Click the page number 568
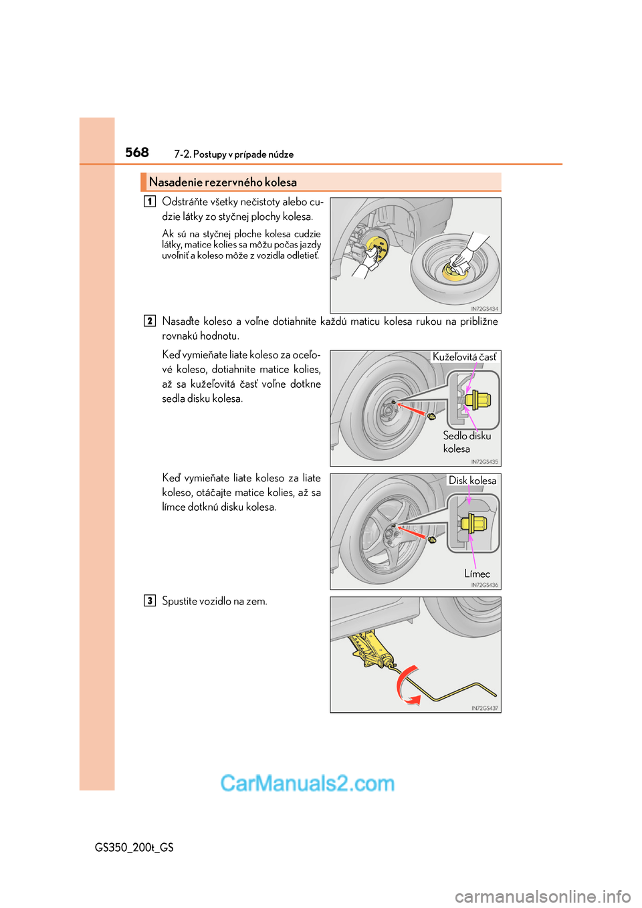coord(137,152)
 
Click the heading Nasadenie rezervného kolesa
coord(223,183)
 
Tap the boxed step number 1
coord(150,201)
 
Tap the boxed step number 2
coord(150,321)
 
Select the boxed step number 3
coord(150,600)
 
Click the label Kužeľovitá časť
coord(465,357)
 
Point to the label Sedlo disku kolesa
coord(466,442)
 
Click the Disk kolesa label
coord(472,480)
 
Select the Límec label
coord(477,574)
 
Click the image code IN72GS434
coord(484,309)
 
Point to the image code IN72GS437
coord(484,708)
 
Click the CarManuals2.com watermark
coord(308,783)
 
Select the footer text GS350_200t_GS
coord(134,847)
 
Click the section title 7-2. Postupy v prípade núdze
coord(233,154)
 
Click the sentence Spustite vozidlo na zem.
coord(215,601)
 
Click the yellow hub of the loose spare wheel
coord(455,269)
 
